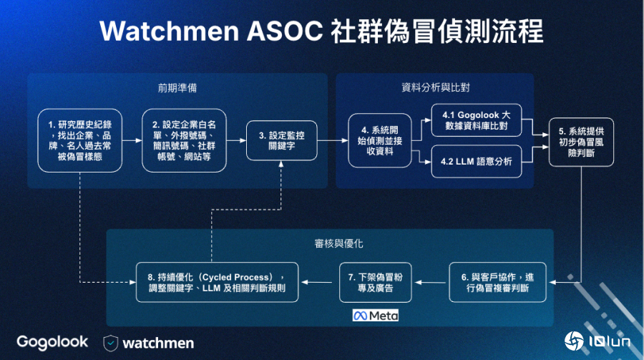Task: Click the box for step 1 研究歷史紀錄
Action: click(x=78, y=141)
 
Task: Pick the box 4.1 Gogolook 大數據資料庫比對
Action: click(x=476, y=120)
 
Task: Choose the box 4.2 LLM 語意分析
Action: click(x=476, y=162)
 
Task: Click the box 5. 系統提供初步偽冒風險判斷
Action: click(x=581, y=141)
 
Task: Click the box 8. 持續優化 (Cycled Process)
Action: click(x=218, y=282)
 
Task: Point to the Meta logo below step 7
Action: click(x=376, y=315)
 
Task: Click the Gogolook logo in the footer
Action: click(x=52, y=342)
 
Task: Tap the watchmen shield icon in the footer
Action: click(x=110, y=343)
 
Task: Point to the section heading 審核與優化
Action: click(x=329, y=243)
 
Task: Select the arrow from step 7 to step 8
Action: click(x=319, y=282)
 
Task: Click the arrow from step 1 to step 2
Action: click(x=130, y=141)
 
